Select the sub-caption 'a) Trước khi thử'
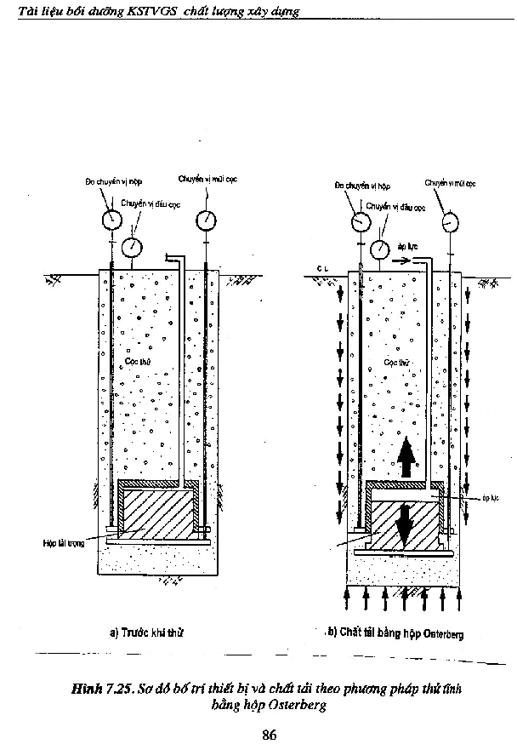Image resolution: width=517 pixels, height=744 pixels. pyautogui.click(x=147, y=633)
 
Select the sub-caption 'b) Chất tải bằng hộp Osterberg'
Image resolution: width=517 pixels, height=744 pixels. pyautogui.click(x=395, y=633)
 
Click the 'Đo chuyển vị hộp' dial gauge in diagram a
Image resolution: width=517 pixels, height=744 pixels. pyautogui.click(x=111, y=219)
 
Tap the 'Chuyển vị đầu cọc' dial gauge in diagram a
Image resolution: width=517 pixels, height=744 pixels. pyautogui.click(x=132, y=247)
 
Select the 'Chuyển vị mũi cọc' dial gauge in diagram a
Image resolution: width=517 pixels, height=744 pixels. pyautogui.click(x=205, y=219)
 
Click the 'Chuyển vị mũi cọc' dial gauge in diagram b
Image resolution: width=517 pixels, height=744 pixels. pyautogui.click(x=448, y=220)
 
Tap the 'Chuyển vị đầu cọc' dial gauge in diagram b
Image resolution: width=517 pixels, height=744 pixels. pyautogui.click(x=380, y=248)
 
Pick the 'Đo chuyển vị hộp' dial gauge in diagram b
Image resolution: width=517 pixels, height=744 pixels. pyautogui.click(x=360, y=220)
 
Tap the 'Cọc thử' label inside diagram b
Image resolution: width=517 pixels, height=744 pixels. pyautogui.click(x=393, y=362)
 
